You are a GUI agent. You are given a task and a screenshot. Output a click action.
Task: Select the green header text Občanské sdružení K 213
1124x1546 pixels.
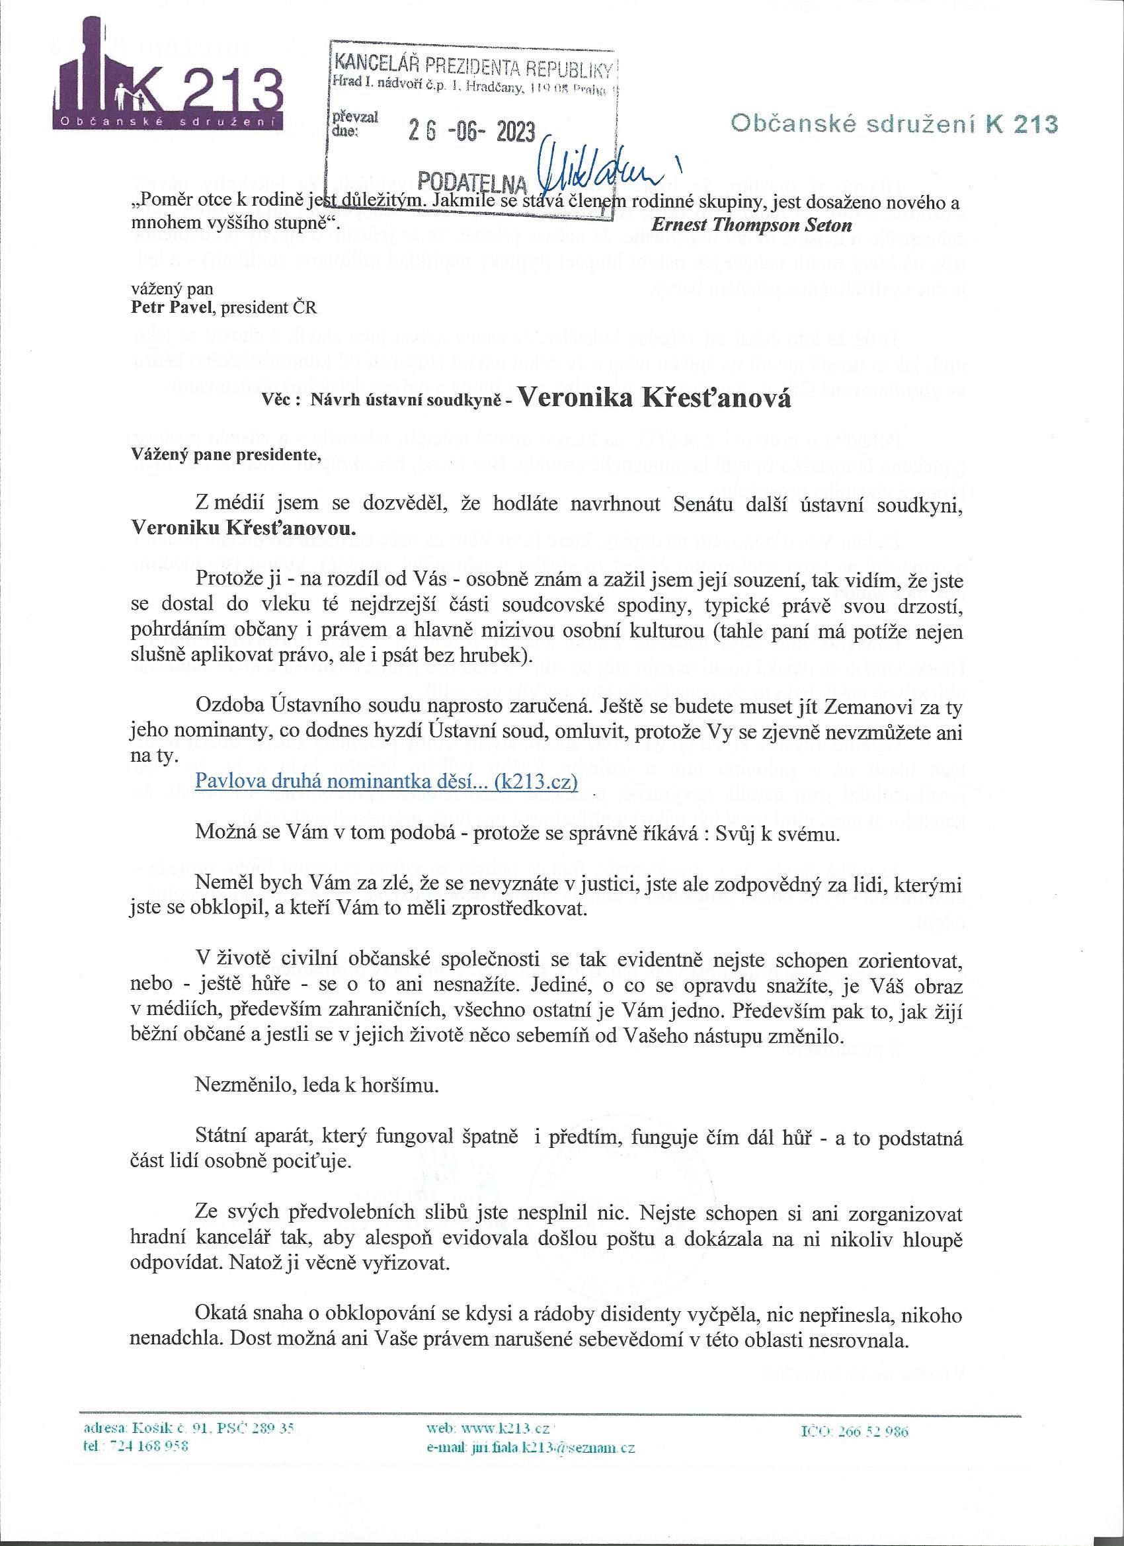(893, 124)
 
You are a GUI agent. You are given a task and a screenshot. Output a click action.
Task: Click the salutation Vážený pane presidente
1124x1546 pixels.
(225, 456)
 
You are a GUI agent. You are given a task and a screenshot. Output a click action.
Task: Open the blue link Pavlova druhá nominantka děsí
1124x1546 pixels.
(386, 781)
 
